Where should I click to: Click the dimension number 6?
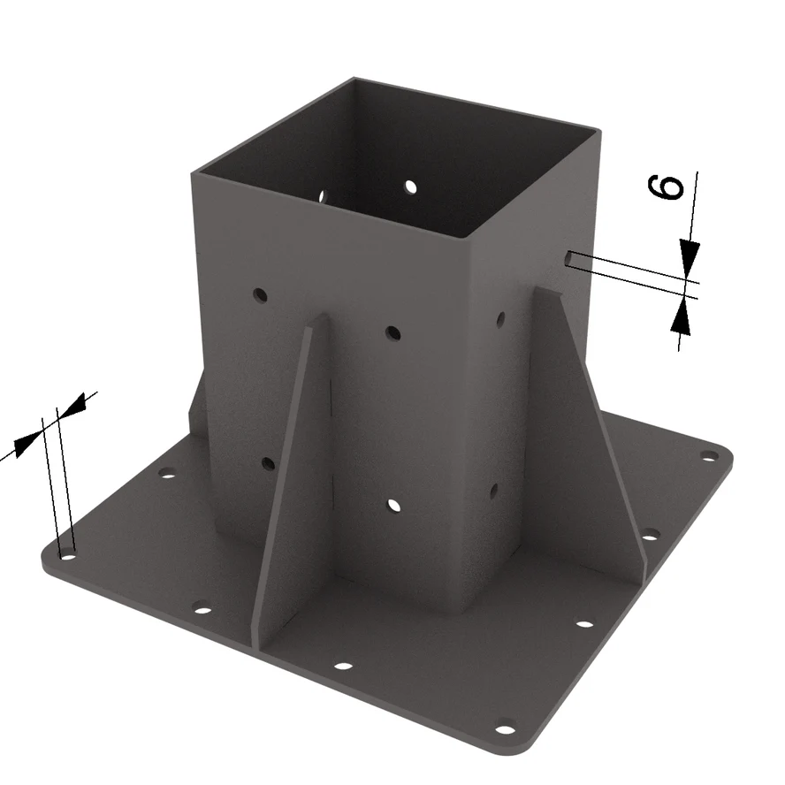[666, 187]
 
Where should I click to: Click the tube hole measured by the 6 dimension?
[568, 258]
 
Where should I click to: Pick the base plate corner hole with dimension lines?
[67, 556]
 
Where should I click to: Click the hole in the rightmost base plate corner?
[708, 455]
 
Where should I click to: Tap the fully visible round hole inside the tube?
[410, 187]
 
